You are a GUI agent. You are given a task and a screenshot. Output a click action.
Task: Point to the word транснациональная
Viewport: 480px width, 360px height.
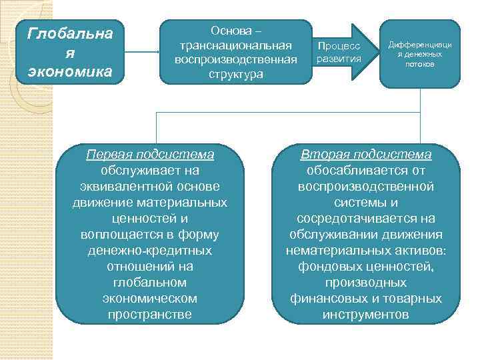click(x=236, y=45)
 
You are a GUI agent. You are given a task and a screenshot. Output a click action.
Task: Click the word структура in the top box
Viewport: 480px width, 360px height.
click(x=236, y=74)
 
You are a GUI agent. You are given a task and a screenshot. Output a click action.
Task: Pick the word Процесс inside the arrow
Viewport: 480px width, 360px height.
click(x=339, y=46)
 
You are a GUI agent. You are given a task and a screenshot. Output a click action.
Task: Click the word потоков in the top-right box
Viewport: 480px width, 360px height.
click(x=420, y=64)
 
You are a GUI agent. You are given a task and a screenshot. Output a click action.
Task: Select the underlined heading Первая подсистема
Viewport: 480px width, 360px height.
click(x=150, y=155)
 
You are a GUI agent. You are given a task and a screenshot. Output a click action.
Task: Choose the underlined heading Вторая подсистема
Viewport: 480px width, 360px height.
click(x=366, y=155)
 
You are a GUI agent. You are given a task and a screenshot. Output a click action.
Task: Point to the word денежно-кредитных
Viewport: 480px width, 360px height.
click(x=150, y=251)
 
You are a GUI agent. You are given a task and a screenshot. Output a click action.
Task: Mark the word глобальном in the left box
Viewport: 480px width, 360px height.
click(x=150, y=283)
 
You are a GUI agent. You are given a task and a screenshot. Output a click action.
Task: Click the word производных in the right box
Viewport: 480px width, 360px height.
click(x=366, y=283)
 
